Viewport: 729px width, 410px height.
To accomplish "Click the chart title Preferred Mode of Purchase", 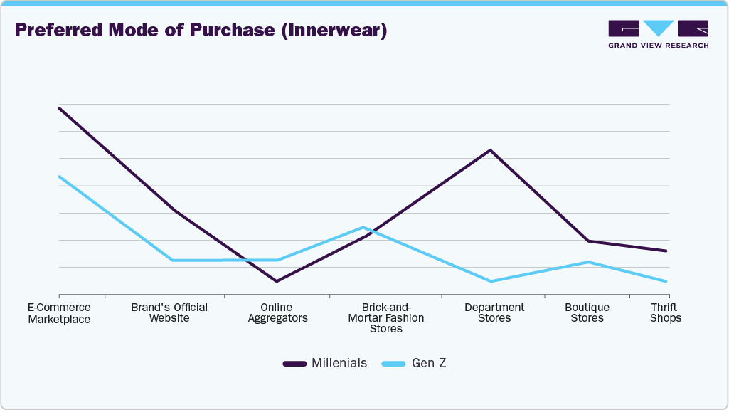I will [201, 31].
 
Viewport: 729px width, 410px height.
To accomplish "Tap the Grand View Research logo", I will [658, 33].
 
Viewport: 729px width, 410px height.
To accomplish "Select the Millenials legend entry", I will [325, 363].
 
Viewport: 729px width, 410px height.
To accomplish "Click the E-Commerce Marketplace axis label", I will [59, 313].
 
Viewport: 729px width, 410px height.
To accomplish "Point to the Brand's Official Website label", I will [169, 312].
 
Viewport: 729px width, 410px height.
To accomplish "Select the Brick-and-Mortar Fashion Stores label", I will [385, 318].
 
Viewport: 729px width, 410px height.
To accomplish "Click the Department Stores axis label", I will [494, 312].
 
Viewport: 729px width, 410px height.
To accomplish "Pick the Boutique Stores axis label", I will [587, 312].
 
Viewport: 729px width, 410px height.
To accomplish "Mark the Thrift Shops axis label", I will [666, 312].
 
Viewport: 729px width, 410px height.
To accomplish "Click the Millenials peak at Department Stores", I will [490, 150].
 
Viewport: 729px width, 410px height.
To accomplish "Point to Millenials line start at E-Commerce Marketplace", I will [59, 108].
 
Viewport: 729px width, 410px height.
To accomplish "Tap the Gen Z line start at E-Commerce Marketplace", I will [59, 177].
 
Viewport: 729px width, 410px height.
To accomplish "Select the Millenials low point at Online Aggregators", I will [277, 281].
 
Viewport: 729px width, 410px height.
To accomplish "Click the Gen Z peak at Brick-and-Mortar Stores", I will [363, 227].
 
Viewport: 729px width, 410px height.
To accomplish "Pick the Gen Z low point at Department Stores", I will [490, 281].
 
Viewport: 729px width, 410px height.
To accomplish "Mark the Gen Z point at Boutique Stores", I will [588, 262].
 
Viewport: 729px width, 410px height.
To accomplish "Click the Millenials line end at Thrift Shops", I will [666, 251].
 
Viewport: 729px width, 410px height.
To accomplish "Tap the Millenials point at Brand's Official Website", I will [174, 211].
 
